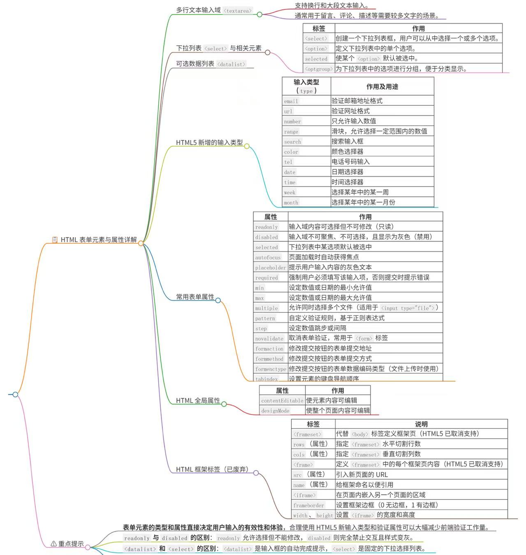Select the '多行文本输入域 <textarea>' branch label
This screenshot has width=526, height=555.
214,10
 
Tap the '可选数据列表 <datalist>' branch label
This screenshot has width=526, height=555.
211,64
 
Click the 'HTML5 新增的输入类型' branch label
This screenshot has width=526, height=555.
209,142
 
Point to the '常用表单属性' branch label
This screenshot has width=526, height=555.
195,297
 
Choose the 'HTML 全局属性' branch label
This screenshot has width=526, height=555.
198,401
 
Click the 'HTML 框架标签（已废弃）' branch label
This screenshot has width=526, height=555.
212,469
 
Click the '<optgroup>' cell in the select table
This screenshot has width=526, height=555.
319,69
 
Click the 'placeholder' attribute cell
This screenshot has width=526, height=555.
270,268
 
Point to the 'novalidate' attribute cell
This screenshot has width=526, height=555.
269,338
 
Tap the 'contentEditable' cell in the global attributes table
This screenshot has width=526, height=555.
282,401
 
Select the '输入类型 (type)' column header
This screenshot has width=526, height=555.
306,86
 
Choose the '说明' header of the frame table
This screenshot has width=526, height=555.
421,424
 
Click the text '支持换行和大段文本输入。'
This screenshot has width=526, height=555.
332,6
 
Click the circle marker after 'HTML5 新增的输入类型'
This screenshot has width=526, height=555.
247,146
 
